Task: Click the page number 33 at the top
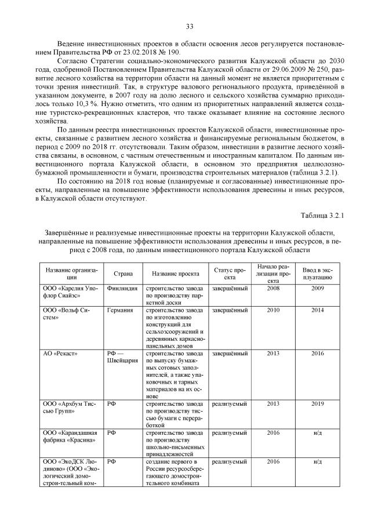tap(189, 26)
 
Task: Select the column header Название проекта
tap(172, 272)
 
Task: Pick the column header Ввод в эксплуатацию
tap(317, 272)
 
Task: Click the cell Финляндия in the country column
tap(123, 289)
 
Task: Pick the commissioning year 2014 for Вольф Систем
tap(317, 311)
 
